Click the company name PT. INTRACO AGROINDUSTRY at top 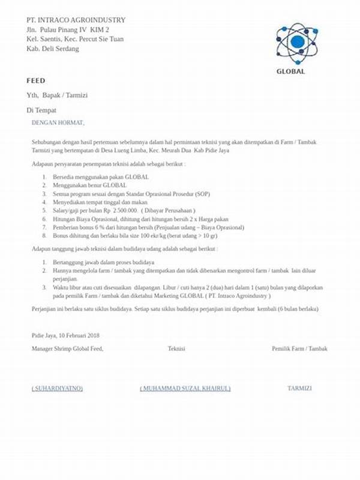tap(76, 20)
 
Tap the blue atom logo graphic tap(296, 41)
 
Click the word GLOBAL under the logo tap(291, 71)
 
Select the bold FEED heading tap(35, 80)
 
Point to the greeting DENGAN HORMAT tap(58, 123)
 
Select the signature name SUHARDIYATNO tap(57, 388)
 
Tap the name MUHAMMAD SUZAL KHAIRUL tap(185, 388)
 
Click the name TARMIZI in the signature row tap(299, 388)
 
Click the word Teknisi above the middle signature tap(176, 349)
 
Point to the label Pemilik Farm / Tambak tap(299, 349)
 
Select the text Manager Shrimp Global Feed tap(67, 349)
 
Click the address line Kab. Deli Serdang tap(52, 49)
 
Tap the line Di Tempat tap(41, 110)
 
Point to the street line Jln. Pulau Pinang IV tap(68, 29)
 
